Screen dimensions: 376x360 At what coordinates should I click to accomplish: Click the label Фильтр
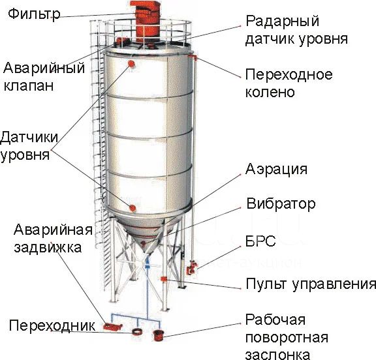[34, 14]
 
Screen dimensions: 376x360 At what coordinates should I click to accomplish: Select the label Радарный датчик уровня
[296, 30]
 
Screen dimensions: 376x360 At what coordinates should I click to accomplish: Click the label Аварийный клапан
[44, 77]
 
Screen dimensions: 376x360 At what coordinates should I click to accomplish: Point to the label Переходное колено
[289, 83]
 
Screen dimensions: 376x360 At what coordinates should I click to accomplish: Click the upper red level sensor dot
[131, 64]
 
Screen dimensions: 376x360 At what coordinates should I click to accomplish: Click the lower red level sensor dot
[133, 208]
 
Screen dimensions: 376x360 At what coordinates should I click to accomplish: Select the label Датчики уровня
[29, 146]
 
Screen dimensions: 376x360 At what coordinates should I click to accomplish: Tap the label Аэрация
[276, 169]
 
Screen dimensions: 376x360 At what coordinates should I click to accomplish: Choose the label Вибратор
[281, 204]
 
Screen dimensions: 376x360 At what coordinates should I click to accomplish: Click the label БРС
[260, 241]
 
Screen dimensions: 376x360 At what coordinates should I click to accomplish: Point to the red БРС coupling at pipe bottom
[192, 268]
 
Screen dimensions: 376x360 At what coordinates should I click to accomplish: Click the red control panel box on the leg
[164, 279]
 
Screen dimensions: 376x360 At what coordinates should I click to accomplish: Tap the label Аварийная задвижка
[53, 239]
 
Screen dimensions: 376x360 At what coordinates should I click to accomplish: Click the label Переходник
[52, 325]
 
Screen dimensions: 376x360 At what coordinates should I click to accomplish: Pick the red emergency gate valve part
[112, 327]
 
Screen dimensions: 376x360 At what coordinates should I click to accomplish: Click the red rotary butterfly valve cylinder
[158, 335]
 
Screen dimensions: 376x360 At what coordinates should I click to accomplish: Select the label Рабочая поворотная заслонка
[287, 337]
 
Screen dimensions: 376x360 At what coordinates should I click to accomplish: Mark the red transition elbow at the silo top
[193, 57]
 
